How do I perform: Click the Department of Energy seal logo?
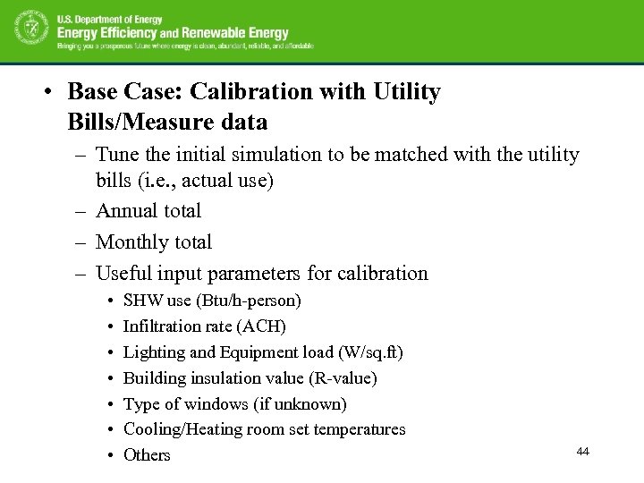click(x=30, y=30)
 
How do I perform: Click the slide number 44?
click(x=582, y=452)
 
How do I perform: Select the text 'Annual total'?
click(x=148, y=211)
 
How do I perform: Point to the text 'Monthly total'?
click(x=154, y=242)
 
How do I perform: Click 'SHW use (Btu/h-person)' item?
click(x=212, y=301)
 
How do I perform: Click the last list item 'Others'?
click(x=147, y=455)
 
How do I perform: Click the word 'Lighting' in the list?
click(x=150, y=352)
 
